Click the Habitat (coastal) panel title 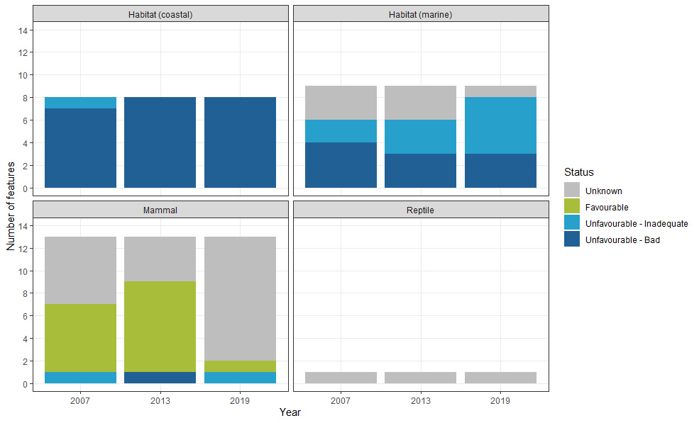click(160, 14)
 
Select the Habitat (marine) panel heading click(421, 14)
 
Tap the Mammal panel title click(160, 210)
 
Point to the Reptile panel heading click(421, 210)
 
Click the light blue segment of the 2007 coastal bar click(80, 103)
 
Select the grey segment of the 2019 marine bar click(500, 91)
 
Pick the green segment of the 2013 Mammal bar click(160, 327)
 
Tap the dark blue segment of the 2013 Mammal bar click(160, 378)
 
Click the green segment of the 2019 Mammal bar click(240, 366)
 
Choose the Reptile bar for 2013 click(421, 378)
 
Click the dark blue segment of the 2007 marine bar click(341, 165)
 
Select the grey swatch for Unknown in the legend click(572, 191)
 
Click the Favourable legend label click(607, 208)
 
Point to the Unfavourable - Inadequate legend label click(637, 224)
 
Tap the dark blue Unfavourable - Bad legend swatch click(572, 240)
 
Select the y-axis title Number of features click(11, 205)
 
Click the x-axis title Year click(290, 412)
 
